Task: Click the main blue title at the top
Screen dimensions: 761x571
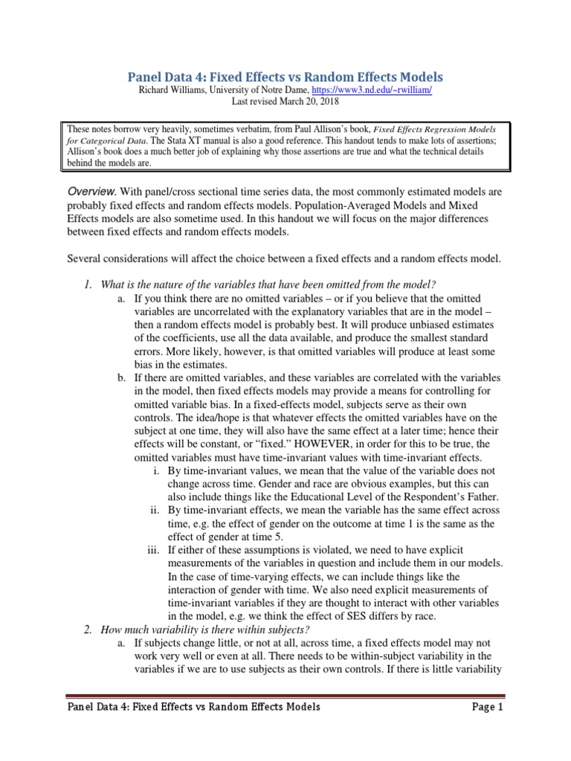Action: [286, 77]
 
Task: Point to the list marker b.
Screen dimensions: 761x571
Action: [121, 378]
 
